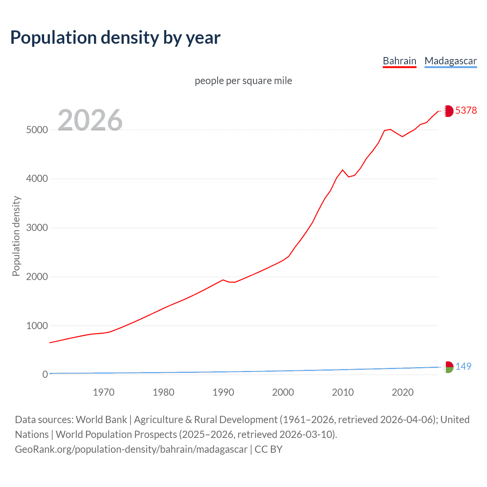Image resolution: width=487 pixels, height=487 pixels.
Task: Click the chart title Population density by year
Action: coord(115,38)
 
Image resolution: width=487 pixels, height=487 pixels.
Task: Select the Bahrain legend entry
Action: coord(399,61)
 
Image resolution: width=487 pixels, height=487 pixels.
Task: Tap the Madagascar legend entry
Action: coord(450,61)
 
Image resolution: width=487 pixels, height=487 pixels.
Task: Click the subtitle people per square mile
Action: coord(243,81)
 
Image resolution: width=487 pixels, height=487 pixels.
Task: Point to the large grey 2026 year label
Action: coord(90,120)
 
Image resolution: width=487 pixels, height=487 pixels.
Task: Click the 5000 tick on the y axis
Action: coord(37,130)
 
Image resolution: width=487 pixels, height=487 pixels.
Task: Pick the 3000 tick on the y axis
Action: coord(37,228)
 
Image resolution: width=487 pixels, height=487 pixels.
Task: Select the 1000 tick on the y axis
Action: coord(37,326)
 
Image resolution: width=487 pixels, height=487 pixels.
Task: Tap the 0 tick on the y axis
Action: coord(45,374)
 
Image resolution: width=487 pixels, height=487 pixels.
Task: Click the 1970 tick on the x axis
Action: coord(103,392)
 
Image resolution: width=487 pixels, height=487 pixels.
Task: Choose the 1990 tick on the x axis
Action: coord(223,392)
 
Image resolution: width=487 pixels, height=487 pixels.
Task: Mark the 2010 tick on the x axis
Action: coord(343,392)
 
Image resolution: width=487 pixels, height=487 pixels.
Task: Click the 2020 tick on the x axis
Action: coord(403,392)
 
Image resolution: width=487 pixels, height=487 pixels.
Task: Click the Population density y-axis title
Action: coord(16,236)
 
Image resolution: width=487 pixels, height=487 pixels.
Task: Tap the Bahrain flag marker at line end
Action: coord(448,111)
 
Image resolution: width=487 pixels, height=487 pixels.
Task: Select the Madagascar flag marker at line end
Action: coord(448,367)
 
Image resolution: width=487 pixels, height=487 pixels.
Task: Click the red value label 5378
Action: coord(466,110)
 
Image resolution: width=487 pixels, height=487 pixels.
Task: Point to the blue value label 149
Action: coord(463,366)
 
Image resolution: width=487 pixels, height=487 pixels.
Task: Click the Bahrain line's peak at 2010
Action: coord(342,170)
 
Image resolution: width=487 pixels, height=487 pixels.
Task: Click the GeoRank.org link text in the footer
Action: coord(131,449)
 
